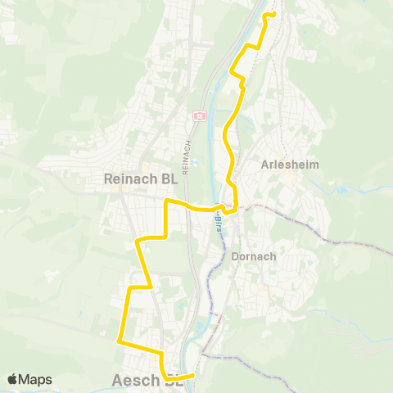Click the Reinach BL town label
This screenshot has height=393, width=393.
tap(141, 178)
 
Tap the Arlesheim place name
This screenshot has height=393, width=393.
tap(289, 164)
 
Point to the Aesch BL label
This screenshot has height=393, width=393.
tap(146, 382)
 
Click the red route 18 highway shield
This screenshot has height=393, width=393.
tap(199, 117)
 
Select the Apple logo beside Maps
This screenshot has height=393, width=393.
tap(12, 379)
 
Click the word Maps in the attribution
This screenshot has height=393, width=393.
tap(36, 379)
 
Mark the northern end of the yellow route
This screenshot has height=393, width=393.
tap(273, 14)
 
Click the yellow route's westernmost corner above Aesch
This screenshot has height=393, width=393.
tap(120, 341)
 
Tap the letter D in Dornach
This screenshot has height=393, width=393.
tap(237, 255)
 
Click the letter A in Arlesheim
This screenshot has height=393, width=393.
tap(264, 164)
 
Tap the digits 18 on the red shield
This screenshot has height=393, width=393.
tap(199, 117)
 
